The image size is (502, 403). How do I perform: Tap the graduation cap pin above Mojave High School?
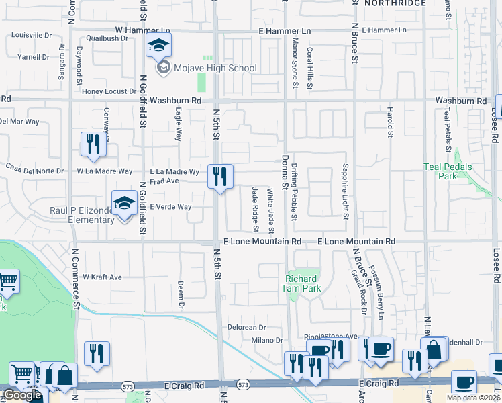coord(158,45)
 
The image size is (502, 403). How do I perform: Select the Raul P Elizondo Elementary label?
coord(82,215)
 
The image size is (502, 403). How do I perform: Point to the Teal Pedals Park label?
coord(448,171)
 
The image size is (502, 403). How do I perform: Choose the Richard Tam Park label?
coord(303,283)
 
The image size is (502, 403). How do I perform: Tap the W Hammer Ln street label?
coord(142,30)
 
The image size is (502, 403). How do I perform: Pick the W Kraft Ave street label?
coord(102,277)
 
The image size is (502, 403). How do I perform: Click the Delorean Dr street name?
coord(246,328)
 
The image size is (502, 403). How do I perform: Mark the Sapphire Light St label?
coord(346,191)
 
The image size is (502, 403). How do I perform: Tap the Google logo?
coord(22,395)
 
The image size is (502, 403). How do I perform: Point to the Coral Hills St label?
coord(309,69)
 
